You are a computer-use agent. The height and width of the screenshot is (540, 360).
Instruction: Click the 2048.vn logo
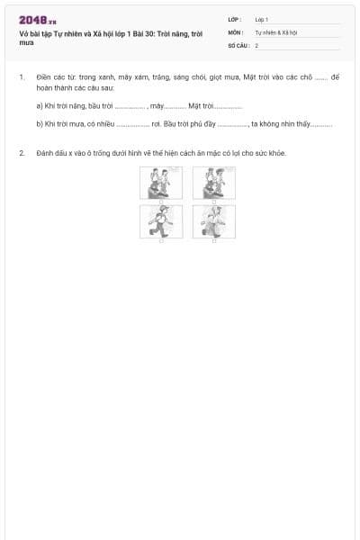[37, 20]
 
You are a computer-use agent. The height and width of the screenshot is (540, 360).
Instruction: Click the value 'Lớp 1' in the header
[262, 19]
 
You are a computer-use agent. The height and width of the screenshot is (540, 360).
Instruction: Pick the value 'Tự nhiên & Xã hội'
[275, 31]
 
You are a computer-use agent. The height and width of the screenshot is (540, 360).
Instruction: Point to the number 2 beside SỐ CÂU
[256, 44]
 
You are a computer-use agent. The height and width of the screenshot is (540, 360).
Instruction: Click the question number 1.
[21, 78]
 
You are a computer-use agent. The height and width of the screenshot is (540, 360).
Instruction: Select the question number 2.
[21, 153]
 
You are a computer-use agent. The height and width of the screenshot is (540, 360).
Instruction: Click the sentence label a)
[40, 106]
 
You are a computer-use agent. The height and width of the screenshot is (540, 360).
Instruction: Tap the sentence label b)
[40, 123]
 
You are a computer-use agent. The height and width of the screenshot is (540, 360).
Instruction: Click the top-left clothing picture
[160, 184]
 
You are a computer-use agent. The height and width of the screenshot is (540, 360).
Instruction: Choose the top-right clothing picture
[214, 184]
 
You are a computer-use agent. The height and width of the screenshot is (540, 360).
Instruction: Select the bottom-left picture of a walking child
[160, 221]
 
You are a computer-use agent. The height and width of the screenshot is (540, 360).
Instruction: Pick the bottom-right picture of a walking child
[214, 221]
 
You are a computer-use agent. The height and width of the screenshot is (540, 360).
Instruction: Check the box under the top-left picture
[160, 202]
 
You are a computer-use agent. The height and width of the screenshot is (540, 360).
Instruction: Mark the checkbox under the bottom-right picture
[214, 241]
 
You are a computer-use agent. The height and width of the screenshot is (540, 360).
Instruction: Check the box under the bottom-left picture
[160, 241]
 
